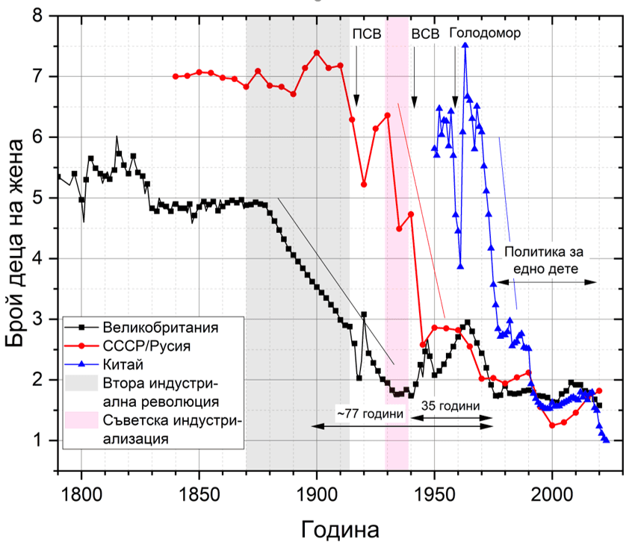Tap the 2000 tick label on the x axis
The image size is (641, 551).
coord(552,494)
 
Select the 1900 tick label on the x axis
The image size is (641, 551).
coord(317,494)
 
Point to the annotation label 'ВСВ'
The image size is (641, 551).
coord(425,34)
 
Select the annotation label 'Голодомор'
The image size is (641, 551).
coord(485,34)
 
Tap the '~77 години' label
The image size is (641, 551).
coord(370,414)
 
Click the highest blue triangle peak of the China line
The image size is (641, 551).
coord(465,46)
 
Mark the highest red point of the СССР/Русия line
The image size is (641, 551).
coord(317,53)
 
